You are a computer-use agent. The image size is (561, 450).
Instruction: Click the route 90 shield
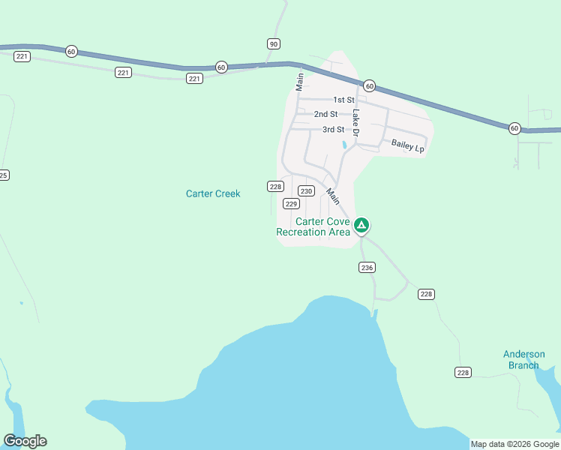point(273,43)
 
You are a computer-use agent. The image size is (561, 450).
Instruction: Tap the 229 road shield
point(292,204)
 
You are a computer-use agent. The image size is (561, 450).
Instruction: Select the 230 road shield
point(306,191)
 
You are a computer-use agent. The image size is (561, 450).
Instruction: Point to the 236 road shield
point(367,268)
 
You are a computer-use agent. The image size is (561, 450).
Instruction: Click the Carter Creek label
point(213,193)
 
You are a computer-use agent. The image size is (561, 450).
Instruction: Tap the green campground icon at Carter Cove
point(361,224)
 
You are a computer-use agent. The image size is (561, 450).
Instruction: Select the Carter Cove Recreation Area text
point(313,226)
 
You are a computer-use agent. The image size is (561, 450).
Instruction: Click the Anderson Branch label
point(523,360)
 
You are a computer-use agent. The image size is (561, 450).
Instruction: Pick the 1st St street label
point(343,100)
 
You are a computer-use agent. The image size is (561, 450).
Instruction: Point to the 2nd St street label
point(325,114)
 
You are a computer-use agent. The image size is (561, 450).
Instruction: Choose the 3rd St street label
point(333,130)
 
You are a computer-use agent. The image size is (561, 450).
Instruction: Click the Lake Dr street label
point(356,123)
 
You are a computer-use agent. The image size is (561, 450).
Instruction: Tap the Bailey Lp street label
point(408,145)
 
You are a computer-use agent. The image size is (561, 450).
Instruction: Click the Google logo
point(25,441)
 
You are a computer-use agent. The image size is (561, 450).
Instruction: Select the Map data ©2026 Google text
point(514,444)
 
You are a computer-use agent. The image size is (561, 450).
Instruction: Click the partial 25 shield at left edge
point(4,175)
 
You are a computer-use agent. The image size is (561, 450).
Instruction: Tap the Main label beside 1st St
point(299,81)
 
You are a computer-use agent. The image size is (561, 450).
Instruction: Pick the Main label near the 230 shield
point(332,196)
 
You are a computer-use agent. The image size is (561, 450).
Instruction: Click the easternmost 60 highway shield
point(514,128)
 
